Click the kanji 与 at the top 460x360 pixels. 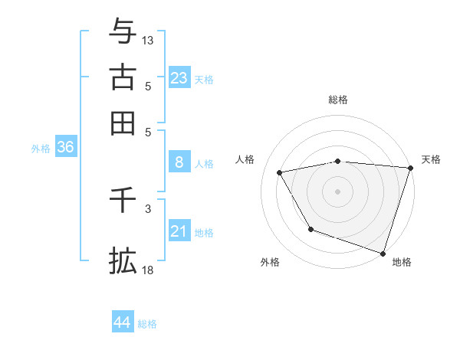point(123,32)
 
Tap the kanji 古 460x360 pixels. point(123,77)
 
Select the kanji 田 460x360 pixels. point(123,123)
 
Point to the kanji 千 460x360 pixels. point(123,201)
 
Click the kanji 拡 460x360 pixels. point(123,261)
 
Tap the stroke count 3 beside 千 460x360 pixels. point(148,208)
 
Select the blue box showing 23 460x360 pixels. point(179,78)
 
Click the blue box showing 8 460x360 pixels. point(179,162)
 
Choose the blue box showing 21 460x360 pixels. point(179,231)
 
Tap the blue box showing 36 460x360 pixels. point(65,147)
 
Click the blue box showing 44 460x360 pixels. point(122,322)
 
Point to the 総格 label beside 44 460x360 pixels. point(147,324)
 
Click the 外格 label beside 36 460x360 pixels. point(40,149)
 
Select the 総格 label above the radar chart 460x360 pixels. point(338,100)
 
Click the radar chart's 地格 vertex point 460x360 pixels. point(383,253)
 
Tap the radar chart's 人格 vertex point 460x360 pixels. point(280,173)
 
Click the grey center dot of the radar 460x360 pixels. point(338,191)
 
